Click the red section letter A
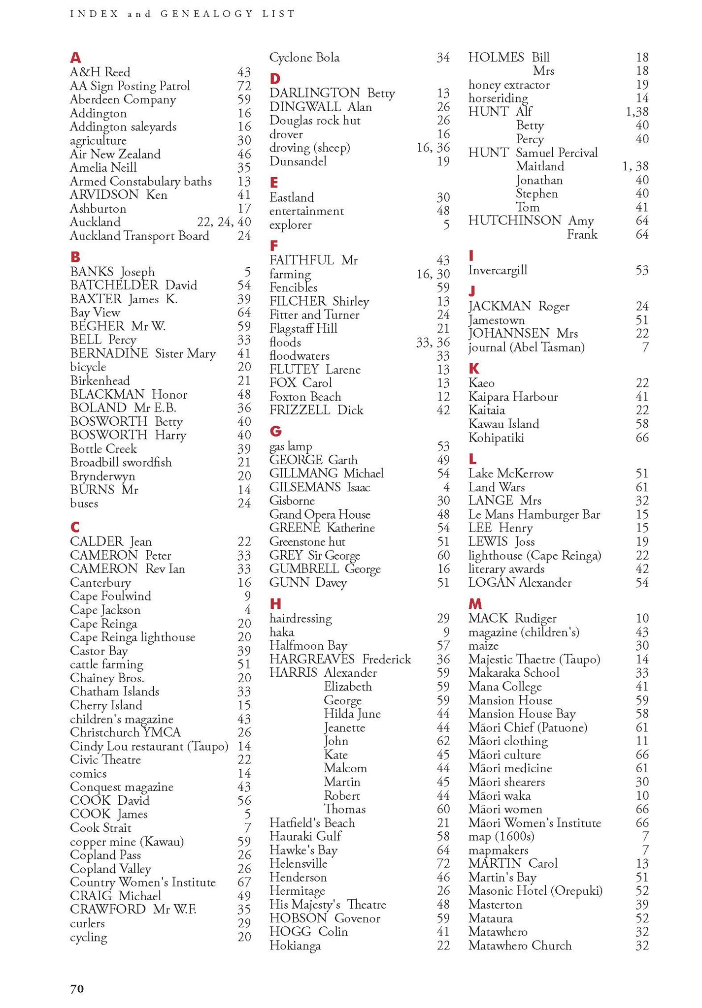pyautogui.click(x=75, y=58)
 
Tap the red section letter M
pyautogui.click(x=475, y=604)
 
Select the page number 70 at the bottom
pyautogui.click(x=77, y=988)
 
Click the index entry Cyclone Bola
pyautogui.click(x=304, y=58)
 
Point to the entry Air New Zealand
pyautogui.click(x=115, y=154)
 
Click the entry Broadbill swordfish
pyautogui.click(x=121, y=462)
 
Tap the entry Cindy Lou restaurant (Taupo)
pyautogui.click(x=149, y=746)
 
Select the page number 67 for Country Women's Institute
pyautogui.click(x=244, y=882)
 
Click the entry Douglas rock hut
pyautogui.click(x=315, y=121)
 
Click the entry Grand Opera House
pyautogui.click(x=320, y=514)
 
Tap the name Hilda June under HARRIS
pyautogui.click(x=352, y=714)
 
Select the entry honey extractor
pyautogui.click(x=508, y=85)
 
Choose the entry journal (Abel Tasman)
pyautogui.click(x=526, y=347)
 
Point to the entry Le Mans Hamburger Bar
pyautogui.click(x=534, y=514)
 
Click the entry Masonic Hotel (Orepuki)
pyautogui.click(x=535, y=891)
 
